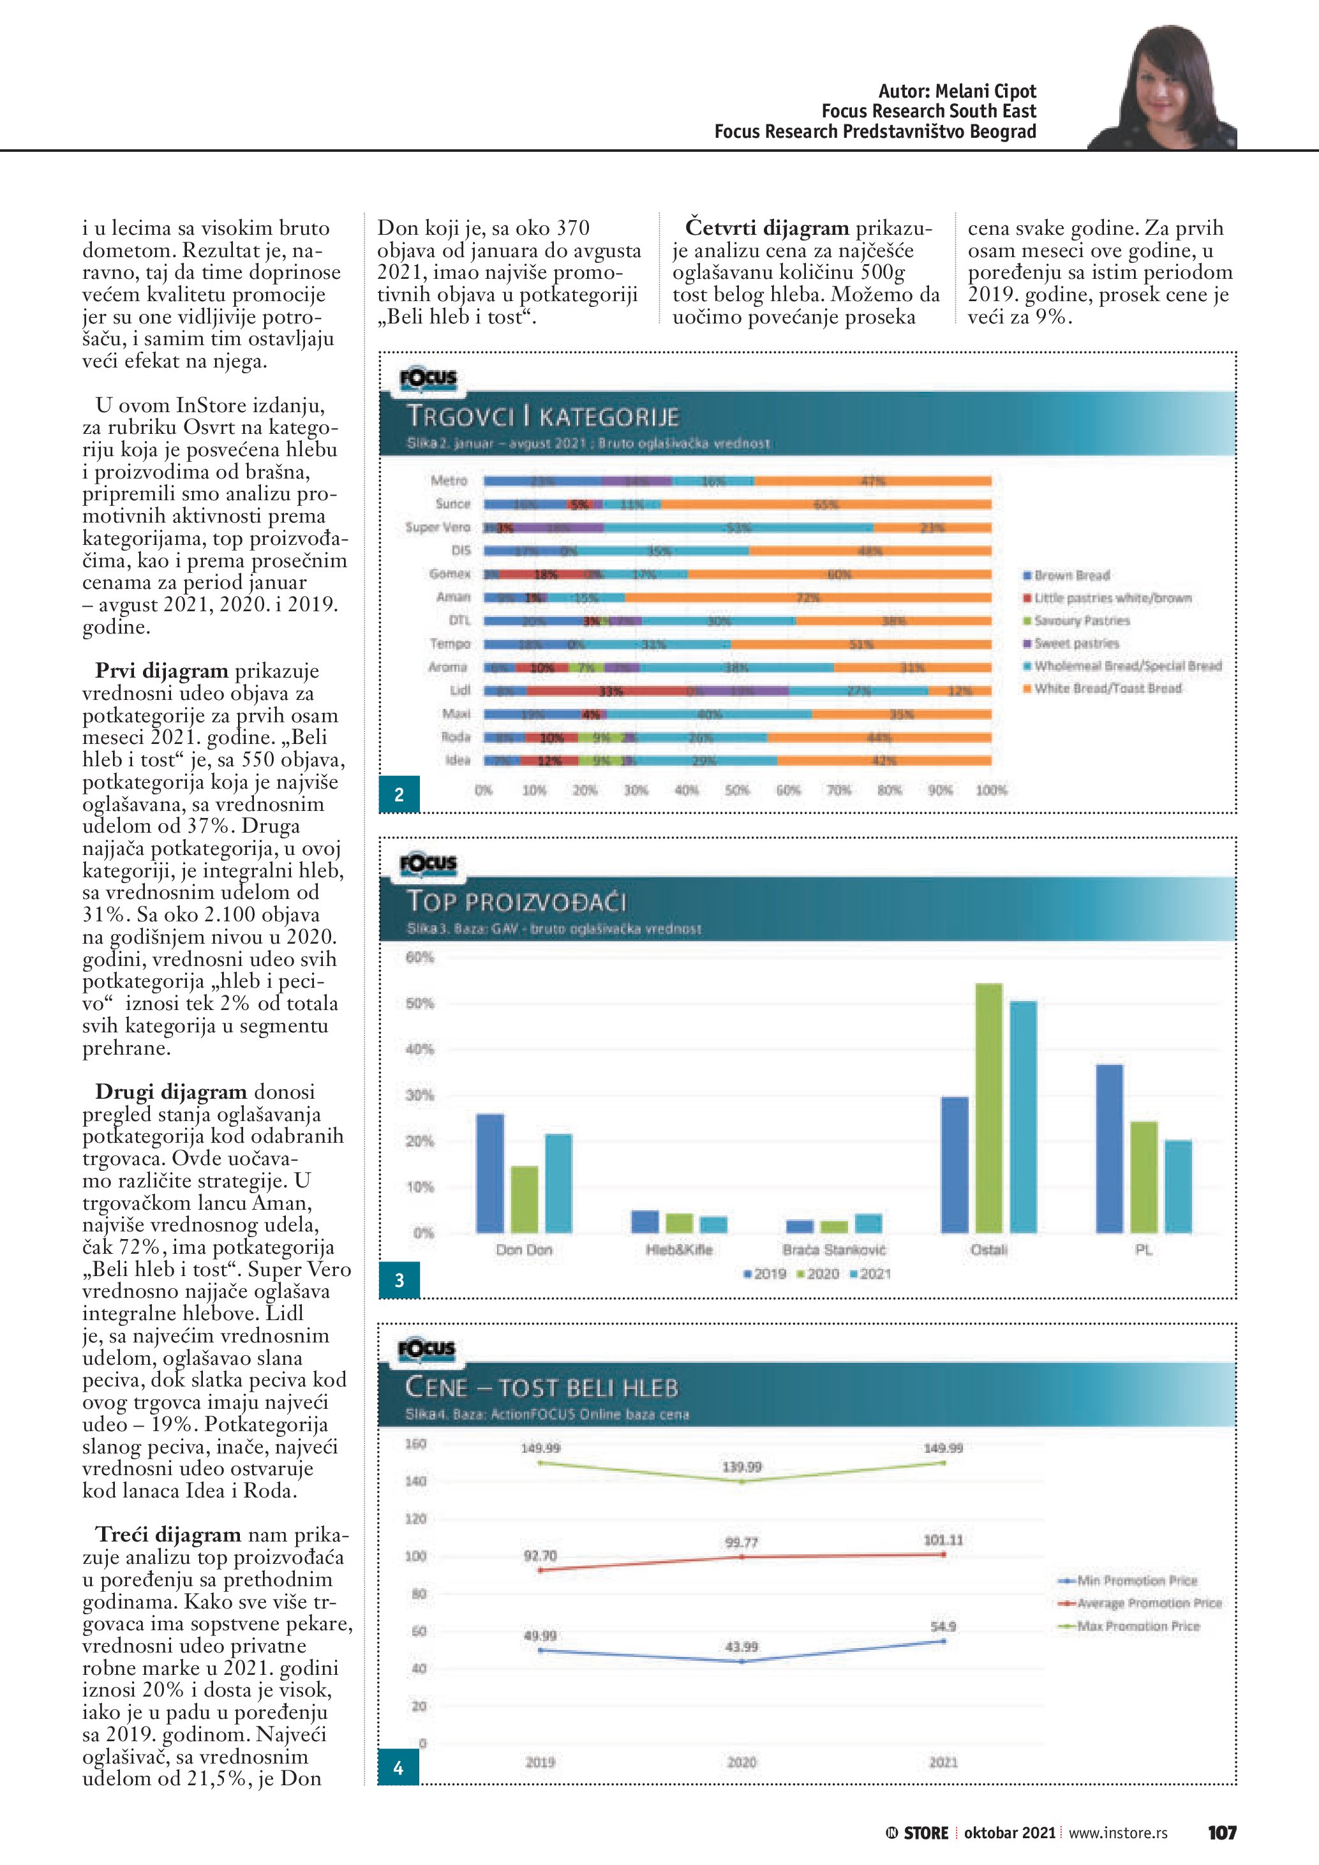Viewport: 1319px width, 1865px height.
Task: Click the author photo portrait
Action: coord(1164,89)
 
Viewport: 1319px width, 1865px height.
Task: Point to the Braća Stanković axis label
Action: coord(833,1249)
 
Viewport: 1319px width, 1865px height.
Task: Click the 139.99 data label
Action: coord(741,1467)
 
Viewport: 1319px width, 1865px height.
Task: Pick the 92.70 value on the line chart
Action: coord(540,1556)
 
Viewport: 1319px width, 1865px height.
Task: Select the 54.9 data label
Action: coord(943,1626)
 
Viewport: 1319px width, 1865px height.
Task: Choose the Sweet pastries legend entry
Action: coord(1075,643)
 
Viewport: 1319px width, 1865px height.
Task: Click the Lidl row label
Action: coord(459,690)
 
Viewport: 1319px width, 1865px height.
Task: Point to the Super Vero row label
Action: coord(438,527)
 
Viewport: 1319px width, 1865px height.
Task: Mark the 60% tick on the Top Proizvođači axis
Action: coord(420,958)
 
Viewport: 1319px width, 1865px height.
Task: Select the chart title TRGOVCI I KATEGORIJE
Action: coord(542,417)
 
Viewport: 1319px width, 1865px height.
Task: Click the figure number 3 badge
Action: coord(399,1280)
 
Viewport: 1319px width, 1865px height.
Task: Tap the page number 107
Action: coord(1221,1832)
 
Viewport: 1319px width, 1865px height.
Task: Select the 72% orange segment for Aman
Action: coord(807,598)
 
